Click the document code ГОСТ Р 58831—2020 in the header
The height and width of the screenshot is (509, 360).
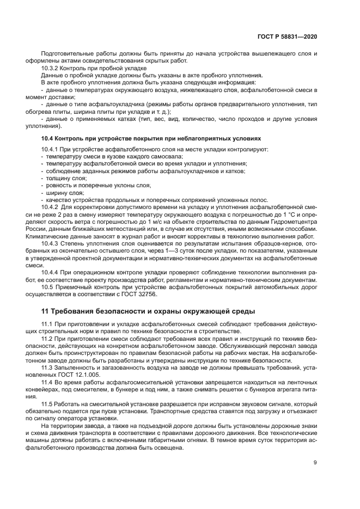click(x=288, y=36)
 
